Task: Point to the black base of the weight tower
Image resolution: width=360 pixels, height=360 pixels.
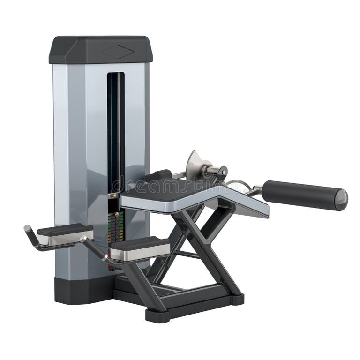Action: pyautogui.click(x=80, y=291)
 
